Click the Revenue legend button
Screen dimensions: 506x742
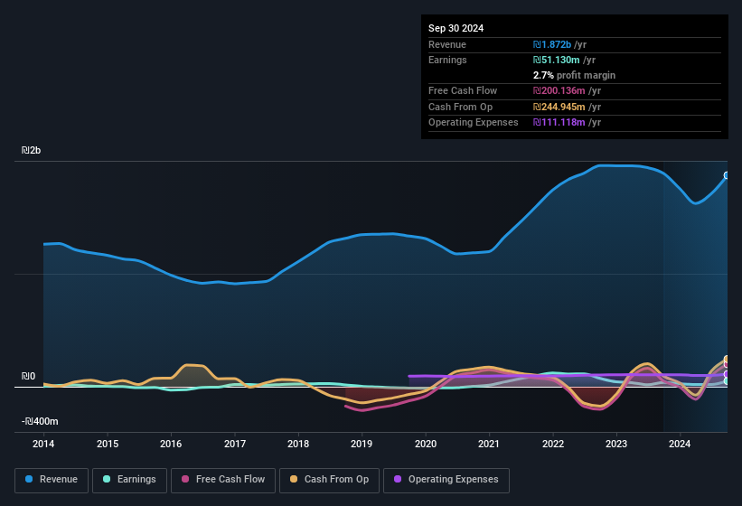pyautogui.click(x=52, y=480)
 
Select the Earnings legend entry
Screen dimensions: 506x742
pyautogui.click(x=129, y=480)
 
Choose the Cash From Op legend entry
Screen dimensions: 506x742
pyautogui.click(x=328, y=480)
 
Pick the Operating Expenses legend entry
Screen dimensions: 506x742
pyautogui.click(x=446, y=480)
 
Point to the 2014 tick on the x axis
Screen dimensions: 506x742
pyautogui.click(x=43, y=444)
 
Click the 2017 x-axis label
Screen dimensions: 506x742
pyautogui.click(x=235, y=444)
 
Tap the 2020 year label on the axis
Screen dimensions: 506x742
pyautogui.click(x=426, y=444)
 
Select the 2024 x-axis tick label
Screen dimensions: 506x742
pyautogui.click(x=680, y=444)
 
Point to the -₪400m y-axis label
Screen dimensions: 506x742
pyautogui.click(x=40, y=421)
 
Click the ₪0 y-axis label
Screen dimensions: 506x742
pyautogui.click(x=28, y=376)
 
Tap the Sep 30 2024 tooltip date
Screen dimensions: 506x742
pyautogui.click(x=456, y=28)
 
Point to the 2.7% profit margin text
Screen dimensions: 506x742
pyautogui.click(x=574, y=75)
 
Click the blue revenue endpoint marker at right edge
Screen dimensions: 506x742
pyautogui.click(x=727, y=175)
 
